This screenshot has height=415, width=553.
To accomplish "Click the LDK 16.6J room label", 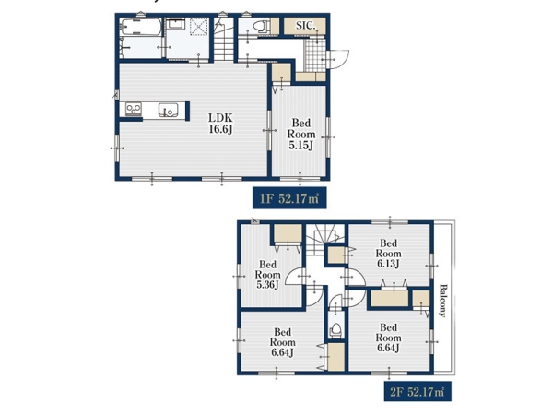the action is (x=220, y=124).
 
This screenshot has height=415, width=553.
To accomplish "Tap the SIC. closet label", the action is (x=305, y=26).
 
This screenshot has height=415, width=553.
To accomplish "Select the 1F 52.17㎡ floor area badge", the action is (x=289, y=198).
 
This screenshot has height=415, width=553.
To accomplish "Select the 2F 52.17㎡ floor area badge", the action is (x=418, y=391).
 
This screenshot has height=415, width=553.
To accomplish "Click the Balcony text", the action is (x=442, y=301).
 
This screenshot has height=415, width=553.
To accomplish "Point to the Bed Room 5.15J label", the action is (x=300, y=134).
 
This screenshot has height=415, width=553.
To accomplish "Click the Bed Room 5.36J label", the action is (x=267, y=275).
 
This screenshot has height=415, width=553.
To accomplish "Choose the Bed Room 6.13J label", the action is (x=388, y=254).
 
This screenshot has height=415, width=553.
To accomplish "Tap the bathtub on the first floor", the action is (x=141, y=27).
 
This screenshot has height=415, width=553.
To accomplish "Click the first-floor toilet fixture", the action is (x=262, y=26).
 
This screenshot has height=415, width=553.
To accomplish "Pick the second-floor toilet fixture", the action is (x=335, y=330).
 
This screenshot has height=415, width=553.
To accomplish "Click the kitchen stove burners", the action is (x=134, y=109).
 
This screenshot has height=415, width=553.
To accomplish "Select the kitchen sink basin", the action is (x=169, y=110).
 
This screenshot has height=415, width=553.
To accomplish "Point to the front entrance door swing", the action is (x=338, y=59).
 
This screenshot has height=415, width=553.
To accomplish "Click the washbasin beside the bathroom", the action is (x=175, y=24).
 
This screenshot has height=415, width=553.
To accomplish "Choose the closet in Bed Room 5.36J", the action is (x=288, y=233).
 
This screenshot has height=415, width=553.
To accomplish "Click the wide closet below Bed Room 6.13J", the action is (x=389, y=298).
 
